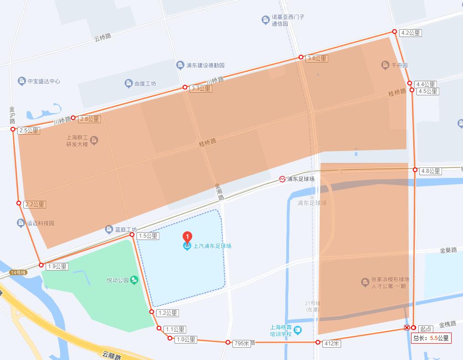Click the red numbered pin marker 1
(x=187, y=236)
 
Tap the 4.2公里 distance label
(x=410, y=33)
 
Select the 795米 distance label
(x=242, y=343)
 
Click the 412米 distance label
(x=331, y=343)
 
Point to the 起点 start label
(x=426, y=329)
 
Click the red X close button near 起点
(x=406, y=328)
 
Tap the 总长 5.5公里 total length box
(x=431, y=338)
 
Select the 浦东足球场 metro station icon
(x=283, y=179)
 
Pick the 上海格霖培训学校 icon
(x=298, y=329)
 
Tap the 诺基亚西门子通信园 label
(x=288, y=20)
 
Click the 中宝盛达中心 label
(x=43, y=81)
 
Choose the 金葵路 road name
(x=448, y=250)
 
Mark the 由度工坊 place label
(x=145, y=83)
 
